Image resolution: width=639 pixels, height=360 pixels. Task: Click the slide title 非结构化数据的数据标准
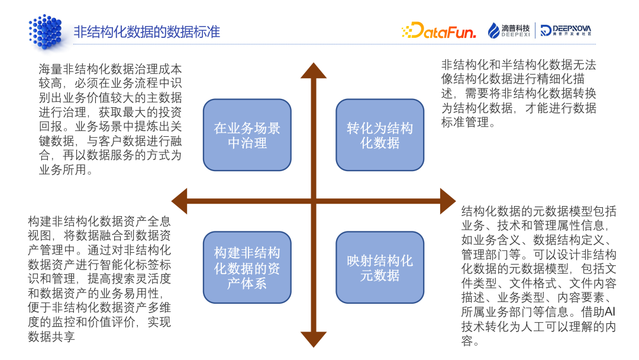pyautogui.click(x=146, y=31)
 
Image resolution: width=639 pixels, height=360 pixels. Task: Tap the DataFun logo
pyautogui.click(x=438, y=31)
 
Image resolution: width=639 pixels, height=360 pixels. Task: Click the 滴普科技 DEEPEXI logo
pyautogui.click(x=509, y=30)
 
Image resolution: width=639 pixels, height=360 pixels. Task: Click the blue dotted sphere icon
pyautogui.click(x=45, y=31)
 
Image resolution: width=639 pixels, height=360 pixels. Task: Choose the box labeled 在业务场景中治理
pyautogui.click(x=247, y=135)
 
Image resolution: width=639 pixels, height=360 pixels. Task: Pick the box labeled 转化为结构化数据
pyautogui.click(x=380, y=135)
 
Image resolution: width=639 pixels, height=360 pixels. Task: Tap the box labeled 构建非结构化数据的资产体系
pyautogui.click(x=247, y=268)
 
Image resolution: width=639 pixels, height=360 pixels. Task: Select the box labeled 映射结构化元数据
pyautogui.click(x=380, y=268)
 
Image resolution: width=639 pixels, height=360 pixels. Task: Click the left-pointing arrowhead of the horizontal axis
pyautogui.click(x=179, y=201)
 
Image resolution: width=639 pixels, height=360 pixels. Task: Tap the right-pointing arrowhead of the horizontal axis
pyautogui.click(x=447, y=201)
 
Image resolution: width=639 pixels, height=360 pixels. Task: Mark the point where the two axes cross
pyautogui.click(x=314, y=201)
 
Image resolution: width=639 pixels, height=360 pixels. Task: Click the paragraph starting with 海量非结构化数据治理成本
pyautogui.click(x=110, y=119)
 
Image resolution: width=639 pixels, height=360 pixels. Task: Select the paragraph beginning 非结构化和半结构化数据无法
pyautogui.click(x=518, y=94)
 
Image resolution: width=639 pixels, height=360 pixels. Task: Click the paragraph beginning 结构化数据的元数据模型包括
pyautogui.click(x=538, y=276)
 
